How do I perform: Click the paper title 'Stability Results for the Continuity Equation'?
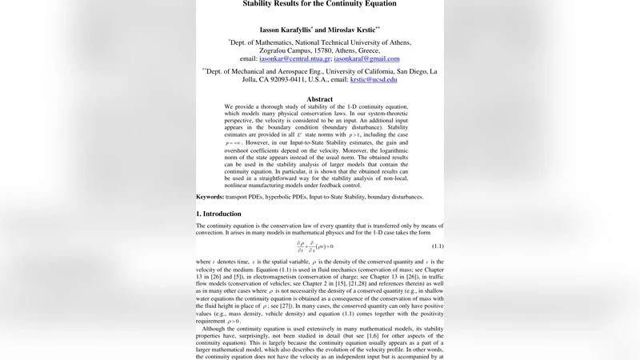(x=319, y=4)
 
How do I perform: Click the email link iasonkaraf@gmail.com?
(x=366, y=59)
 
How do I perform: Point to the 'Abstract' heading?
(x=319, y=99)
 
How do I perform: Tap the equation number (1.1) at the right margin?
(x=438, y=245)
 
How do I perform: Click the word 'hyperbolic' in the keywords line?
(x=286, y=197)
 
